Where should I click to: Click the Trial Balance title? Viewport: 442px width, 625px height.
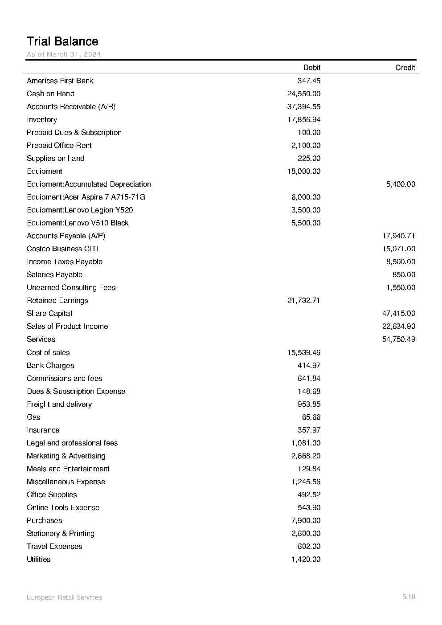coord(62,41)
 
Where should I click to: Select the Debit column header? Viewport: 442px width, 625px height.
coord(311,68)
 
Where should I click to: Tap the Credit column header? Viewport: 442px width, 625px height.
coord(405,68)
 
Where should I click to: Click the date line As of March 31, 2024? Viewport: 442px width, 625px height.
coord(64,54)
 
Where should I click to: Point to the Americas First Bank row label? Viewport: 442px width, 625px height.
coord(60,81)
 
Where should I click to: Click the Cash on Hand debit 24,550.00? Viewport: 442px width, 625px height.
coord(304,94)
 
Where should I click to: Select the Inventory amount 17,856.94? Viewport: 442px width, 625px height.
coord(304,119)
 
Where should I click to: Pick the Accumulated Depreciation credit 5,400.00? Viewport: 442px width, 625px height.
coord(401,184)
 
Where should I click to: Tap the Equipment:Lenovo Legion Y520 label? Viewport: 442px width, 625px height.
coord(80,210)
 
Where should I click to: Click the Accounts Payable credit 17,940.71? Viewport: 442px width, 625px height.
coord(399,236)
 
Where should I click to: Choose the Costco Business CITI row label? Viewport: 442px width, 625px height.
coord(62,249)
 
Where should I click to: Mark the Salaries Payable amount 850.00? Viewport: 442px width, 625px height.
coord(404,274)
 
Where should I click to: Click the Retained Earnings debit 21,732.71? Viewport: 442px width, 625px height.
coord(304,300)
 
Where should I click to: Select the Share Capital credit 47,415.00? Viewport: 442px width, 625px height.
coord(399,313)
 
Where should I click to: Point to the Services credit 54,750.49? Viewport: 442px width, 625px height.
coord(399,339)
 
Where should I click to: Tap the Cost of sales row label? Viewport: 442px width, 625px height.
coord(48,352)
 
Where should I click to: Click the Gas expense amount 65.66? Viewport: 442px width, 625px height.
coord(311,417)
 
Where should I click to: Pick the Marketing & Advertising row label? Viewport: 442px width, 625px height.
coord(66,456)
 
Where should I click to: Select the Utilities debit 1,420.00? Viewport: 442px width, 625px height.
coord(306,559)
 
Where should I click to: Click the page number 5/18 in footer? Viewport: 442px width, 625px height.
coord(409,597)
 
